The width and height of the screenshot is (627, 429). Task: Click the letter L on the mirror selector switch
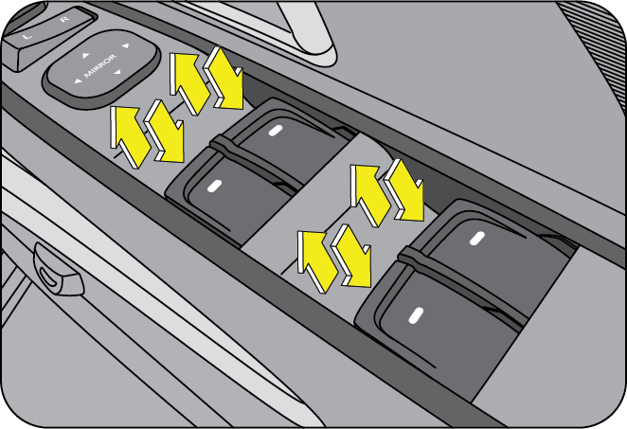click(27, 36)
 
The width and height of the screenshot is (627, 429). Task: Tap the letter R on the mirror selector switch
click(64, 19)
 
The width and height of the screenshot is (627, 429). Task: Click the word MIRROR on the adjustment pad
click(100, 65)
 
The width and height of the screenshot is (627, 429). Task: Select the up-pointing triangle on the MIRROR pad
click(85, 56)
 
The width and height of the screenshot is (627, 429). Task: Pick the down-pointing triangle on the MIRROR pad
click(117, 72)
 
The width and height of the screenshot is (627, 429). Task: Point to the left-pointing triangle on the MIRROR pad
click(78, 81)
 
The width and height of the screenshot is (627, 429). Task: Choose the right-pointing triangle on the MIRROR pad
click(126, 46)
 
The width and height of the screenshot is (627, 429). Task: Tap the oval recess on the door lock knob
click(48, 277)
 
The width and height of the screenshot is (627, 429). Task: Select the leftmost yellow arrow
click(128, 136)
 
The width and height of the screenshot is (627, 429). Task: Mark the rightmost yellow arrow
click(403, 189)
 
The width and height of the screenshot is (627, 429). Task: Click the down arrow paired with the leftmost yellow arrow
click(165, 131)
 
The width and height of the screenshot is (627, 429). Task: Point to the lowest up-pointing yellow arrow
click(316, 260)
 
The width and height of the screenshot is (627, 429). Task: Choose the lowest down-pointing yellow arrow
click(352, 256)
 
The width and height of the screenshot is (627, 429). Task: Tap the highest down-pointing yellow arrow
click(224, 78)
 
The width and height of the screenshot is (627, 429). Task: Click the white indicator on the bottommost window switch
click(416, 316)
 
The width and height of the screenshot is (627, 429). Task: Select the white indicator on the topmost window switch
click(275, 131)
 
